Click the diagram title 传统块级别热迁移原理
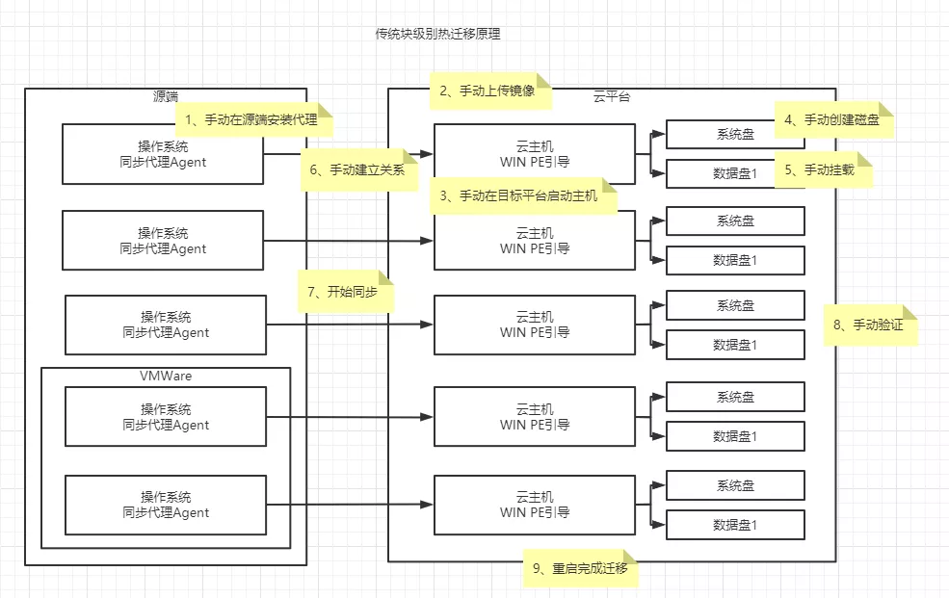click(x=437, y=34)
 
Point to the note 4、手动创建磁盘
click(x=832, y=120)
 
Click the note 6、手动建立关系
click(x=357, y=169)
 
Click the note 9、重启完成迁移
click(x=580, y=568)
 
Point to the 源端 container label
click(x=166, y=97)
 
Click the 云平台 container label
click(x=612, y=96)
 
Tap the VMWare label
click(x=166, y=376)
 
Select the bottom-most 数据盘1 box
click(x=735, y=525)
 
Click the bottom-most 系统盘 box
click(x=735, y=485)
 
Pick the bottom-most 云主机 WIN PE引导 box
click(x=535, y=505)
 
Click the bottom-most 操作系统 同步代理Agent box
click(x=166, y=505)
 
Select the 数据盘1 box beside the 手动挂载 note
click(x=723, y=173)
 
